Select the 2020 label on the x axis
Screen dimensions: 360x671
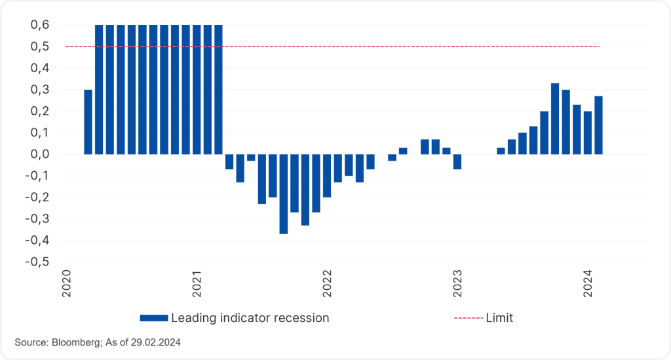[67, 283]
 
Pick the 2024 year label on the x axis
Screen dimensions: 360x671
[588, 283]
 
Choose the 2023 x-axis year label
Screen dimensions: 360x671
[457, 283]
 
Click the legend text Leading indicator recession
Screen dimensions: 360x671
[250, 318]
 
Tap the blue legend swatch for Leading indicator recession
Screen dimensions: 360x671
[154, 318]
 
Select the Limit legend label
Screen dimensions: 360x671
[499, 318]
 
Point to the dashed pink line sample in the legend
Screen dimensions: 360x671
[468, 318]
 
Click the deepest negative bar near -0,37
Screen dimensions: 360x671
[284, 193]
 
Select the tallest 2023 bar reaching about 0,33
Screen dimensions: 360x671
[555, 119]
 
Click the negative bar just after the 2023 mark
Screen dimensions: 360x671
[457, 161]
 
